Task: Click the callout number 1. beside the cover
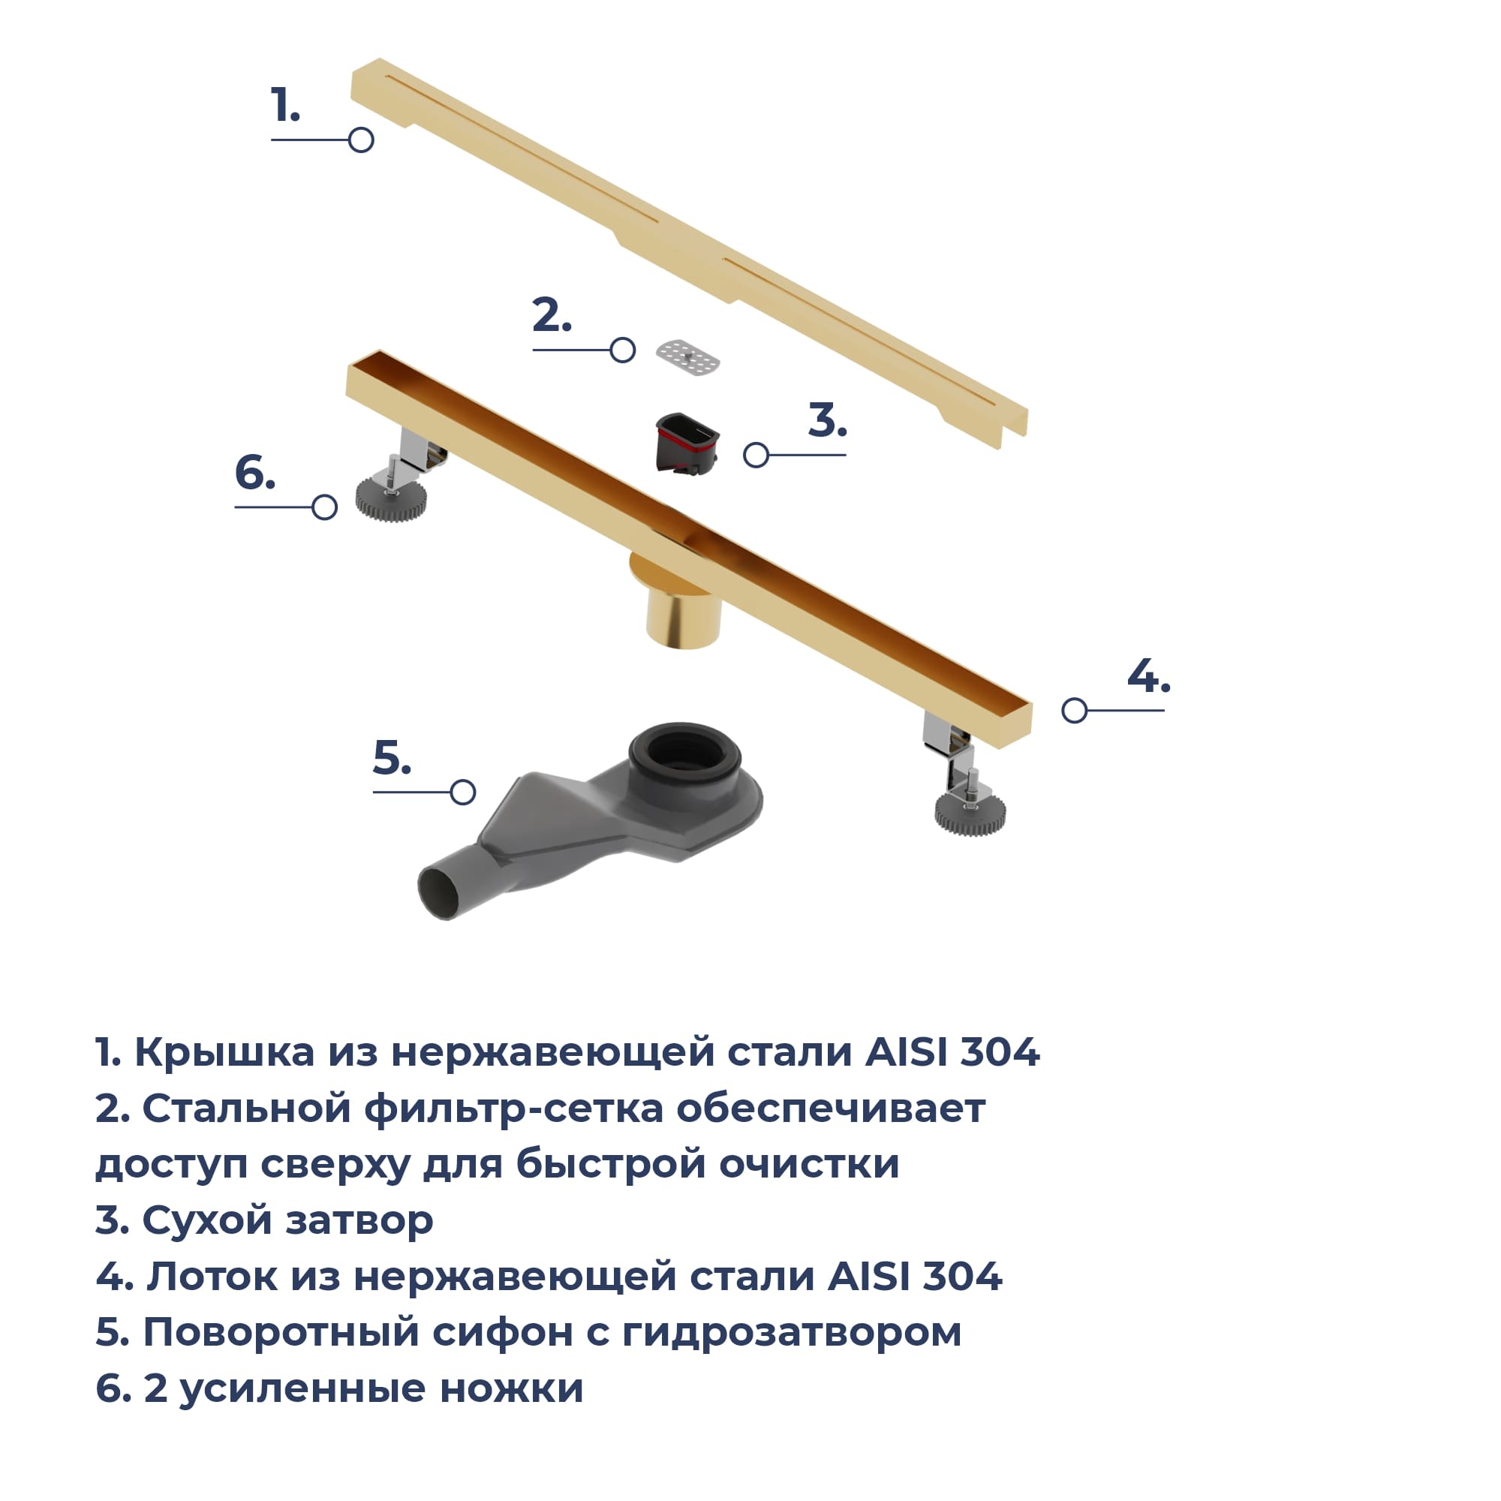(x=285, y=106)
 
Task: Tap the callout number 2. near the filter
(x=552, y=315)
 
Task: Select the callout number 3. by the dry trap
(x=827, y=420)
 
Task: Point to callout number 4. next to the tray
(x=1148, y=676)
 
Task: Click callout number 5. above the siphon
(x=392, y=757)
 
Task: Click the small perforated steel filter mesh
(x=687, y=358)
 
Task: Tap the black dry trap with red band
(x=687, y=443)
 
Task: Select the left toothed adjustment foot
(x=391, y=498)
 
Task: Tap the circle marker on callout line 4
(x=1075, y=710)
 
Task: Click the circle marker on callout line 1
(x=361, y=140)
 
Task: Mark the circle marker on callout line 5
(x=463, y=793)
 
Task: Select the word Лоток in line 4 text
(x=212, y=1277)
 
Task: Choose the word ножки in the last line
(x=511, y=1388)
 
